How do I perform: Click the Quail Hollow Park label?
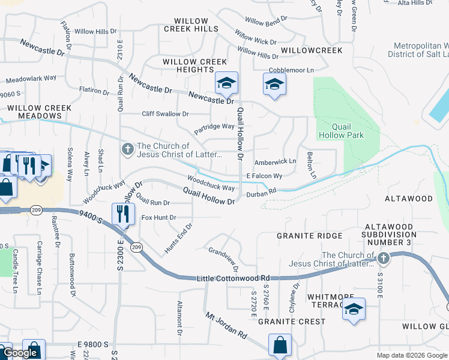pos(348,131)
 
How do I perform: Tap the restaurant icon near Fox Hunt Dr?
pos(122,213)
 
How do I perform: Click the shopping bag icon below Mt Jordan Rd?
pos(280,345)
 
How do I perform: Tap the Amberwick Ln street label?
pos(276,161)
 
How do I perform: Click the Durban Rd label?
pos(261,191)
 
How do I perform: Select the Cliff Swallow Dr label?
pos(165,113)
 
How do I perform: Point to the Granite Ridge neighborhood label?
pos(309,236)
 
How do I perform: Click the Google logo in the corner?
pos(20,353)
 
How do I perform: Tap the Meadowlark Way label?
pos(31,78)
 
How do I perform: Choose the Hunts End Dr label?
pos(178,238)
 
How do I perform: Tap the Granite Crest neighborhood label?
pos(292,322)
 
